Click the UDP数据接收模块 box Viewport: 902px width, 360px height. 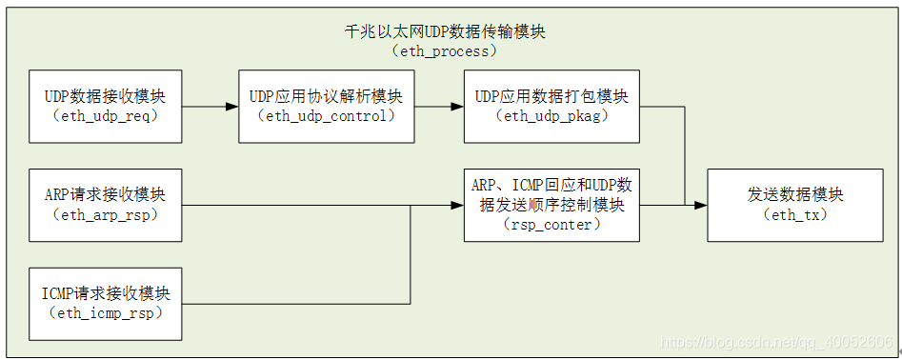coord(105,106)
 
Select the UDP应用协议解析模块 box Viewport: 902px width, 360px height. coord(326,106)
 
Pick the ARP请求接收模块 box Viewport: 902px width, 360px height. coord(105,205)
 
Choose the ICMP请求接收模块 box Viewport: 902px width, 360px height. coord(105,303)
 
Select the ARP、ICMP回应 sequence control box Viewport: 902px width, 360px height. coord(551,205)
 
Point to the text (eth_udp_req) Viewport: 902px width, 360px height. coord(105,116)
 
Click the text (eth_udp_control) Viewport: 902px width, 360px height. coord(326,116)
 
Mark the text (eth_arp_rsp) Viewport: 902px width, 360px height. coord(105,215)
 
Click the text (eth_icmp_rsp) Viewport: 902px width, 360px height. coord(105,313)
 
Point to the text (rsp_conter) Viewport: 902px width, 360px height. coord(551,226)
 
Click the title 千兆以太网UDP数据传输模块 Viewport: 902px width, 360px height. coord(445,31)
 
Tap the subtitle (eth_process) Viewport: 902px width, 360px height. coord(445,50)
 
